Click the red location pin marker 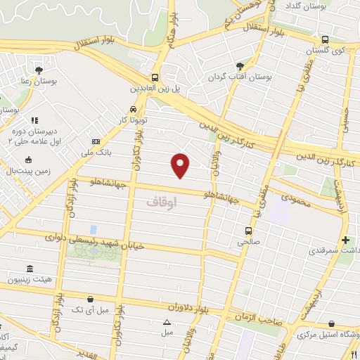(x=181, y=165)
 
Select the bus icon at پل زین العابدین (x=155, y=78)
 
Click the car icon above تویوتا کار (x=134, y=110)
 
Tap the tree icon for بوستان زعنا (x=38, y=70)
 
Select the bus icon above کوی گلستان (x=324, y=40)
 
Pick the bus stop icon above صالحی (x=247, y=230)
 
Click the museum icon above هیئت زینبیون (x=30, y=269)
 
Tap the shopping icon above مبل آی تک (x=90, y=298)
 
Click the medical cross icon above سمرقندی (x=345, y=240)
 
